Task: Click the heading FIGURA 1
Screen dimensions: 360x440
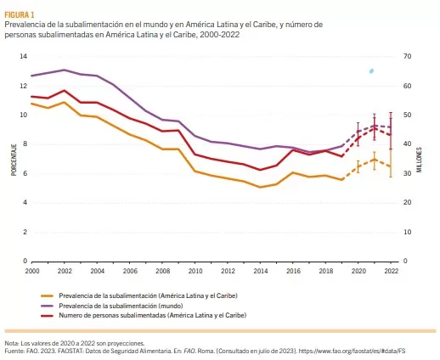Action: point(20,14)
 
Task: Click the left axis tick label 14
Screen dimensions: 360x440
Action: point(25,56)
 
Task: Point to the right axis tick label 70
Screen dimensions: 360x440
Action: point(407,56)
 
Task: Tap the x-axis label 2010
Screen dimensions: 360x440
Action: point(195,270)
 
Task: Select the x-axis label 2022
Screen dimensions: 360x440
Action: point(391,270)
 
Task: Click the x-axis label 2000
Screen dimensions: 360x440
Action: point(32,270)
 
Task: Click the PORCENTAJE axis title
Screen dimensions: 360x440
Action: point(14,159)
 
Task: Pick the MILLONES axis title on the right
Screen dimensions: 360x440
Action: point(419,159)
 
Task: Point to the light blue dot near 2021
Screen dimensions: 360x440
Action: point(371,70)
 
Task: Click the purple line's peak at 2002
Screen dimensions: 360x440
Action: point(65,70)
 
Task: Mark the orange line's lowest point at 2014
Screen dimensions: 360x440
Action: point(260,187)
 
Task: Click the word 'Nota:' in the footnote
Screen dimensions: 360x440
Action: point(13,342)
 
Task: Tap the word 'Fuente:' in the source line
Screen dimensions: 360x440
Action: point(14,350)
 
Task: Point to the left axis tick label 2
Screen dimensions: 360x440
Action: point(26,232)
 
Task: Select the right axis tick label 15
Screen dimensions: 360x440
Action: point(407,232)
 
